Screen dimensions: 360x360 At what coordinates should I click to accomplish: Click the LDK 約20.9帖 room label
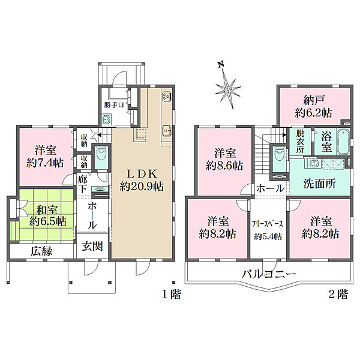click(x=141, y=179)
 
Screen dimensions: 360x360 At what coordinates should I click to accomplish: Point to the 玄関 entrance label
click(x=92, y=246)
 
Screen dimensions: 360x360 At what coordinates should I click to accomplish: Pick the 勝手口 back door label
click(x=113, y=106)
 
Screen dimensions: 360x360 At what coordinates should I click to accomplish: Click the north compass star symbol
click(x=227, y=89)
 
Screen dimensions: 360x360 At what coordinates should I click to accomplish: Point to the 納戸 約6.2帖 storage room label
click(x=313, y=106)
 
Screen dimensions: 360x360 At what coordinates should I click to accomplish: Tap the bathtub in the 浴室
click(x=346, y=142)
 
